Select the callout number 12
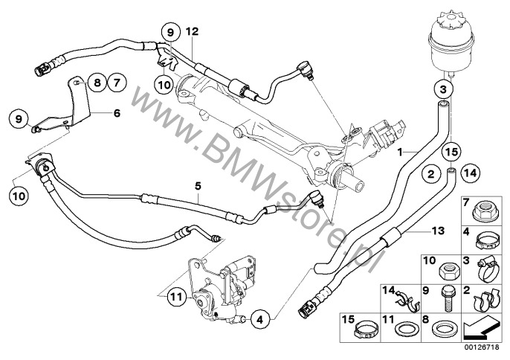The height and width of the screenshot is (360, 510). tap(192, 32)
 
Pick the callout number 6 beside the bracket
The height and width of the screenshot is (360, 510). tap(115, 114)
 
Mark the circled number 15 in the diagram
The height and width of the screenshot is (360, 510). tap(448, 153)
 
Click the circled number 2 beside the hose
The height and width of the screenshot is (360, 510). tap(430, 175)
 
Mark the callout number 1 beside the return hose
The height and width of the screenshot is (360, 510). tap(400, 152)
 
